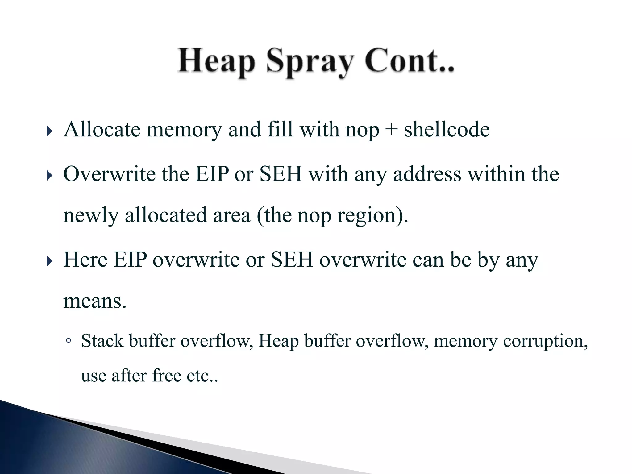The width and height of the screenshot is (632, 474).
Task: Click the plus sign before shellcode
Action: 391,130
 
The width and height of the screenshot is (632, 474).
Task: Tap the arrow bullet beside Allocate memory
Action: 49,131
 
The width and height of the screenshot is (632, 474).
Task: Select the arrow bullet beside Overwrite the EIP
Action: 49,176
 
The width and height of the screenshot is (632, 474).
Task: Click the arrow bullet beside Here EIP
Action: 49,262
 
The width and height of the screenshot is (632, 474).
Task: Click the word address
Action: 427,174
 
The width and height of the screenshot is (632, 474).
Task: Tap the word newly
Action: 91,215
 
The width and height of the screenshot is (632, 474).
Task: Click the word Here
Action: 85,260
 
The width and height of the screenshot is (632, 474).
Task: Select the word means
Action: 95,301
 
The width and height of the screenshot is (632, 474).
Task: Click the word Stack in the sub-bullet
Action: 102,341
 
